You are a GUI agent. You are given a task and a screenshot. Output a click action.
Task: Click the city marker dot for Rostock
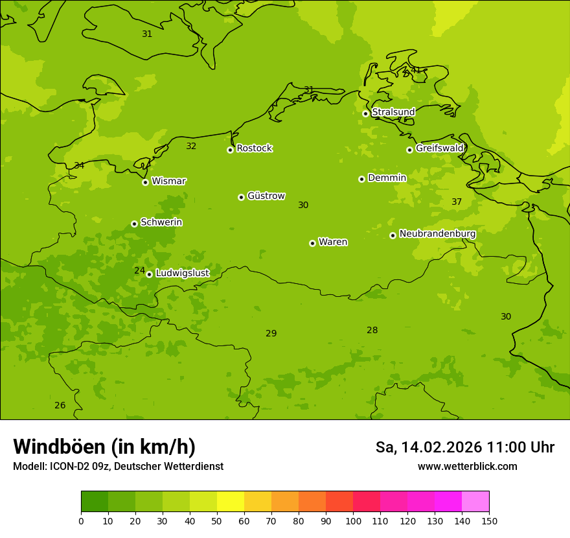(x=230, y=150)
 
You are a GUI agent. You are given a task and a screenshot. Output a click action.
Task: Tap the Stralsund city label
(x=393, y=112)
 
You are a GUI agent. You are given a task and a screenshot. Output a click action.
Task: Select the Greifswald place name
(x=439, y=148)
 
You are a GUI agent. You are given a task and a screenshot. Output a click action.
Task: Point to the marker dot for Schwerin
(x=134, y=224)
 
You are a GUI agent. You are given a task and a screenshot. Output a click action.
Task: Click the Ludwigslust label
(x=182, y=274)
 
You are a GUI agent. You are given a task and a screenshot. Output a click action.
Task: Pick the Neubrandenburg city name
(x=437, y=234)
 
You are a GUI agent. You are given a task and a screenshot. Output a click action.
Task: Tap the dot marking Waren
(x=312, y=243)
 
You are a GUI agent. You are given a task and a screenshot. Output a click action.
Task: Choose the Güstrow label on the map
(x=266, y=196)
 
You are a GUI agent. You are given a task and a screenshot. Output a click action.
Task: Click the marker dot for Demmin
(x=361, y=179)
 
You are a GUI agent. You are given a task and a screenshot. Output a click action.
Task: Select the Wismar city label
(x=168, y=181)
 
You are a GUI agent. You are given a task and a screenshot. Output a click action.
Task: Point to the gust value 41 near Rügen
(x=416, y=70)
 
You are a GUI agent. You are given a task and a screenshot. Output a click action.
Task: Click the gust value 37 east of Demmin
(x=457, y=202)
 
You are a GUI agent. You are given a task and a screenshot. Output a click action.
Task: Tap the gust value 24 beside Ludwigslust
(x=139, y=270)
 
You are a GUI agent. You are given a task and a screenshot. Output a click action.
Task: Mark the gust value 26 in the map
(x=60, y=406)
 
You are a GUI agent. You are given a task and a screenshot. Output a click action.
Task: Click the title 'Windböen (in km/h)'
(x=104, y=447)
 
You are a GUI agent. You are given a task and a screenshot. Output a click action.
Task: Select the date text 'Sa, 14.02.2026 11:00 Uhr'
(x=464, y=447)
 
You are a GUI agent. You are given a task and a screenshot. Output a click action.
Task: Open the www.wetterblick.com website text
(x=467, y=467)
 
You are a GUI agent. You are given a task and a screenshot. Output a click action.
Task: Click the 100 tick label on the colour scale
(x=353, y=520)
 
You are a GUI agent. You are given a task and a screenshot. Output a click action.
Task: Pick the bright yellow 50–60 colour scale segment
(x=231, y=502)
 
